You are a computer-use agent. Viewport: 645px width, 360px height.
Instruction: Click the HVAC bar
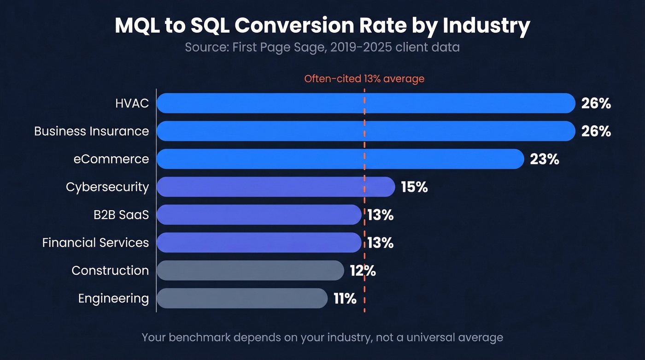(366, 103)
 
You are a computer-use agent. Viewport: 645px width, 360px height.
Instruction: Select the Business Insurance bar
(366, 131)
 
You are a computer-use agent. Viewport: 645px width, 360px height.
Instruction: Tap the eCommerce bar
(340, 159)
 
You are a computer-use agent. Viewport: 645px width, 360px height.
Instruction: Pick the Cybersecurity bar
(276, 187)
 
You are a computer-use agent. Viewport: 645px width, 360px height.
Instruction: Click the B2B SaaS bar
(259, 215)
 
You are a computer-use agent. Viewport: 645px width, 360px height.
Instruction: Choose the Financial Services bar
(259, 242)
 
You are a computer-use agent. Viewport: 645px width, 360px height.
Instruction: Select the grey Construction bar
(250, 270)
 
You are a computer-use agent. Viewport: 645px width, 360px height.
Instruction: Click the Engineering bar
(242, 298)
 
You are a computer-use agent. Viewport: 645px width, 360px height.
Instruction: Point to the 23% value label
(545, 159)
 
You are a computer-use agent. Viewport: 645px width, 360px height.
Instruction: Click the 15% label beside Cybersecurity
(414, 187)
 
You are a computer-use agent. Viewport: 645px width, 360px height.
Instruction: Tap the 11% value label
(345, 299)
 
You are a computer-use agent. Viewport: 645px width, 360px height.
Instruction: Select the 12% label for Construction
(363, 271)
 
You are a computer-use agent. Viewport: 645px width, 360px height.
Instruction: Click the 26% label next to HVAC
(596, 103)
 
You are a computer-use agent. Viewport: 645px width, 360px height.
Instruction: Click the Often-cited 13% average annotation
(364, 79)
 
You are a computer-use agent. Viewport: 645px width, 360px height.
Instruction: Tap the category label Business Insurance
(92, 131)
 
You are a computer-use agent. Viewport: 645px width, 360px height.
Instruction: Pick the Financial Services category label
(95, 242)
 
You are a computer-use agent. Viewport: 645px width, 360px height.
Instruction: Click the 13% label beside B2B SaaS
(381, 215)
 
